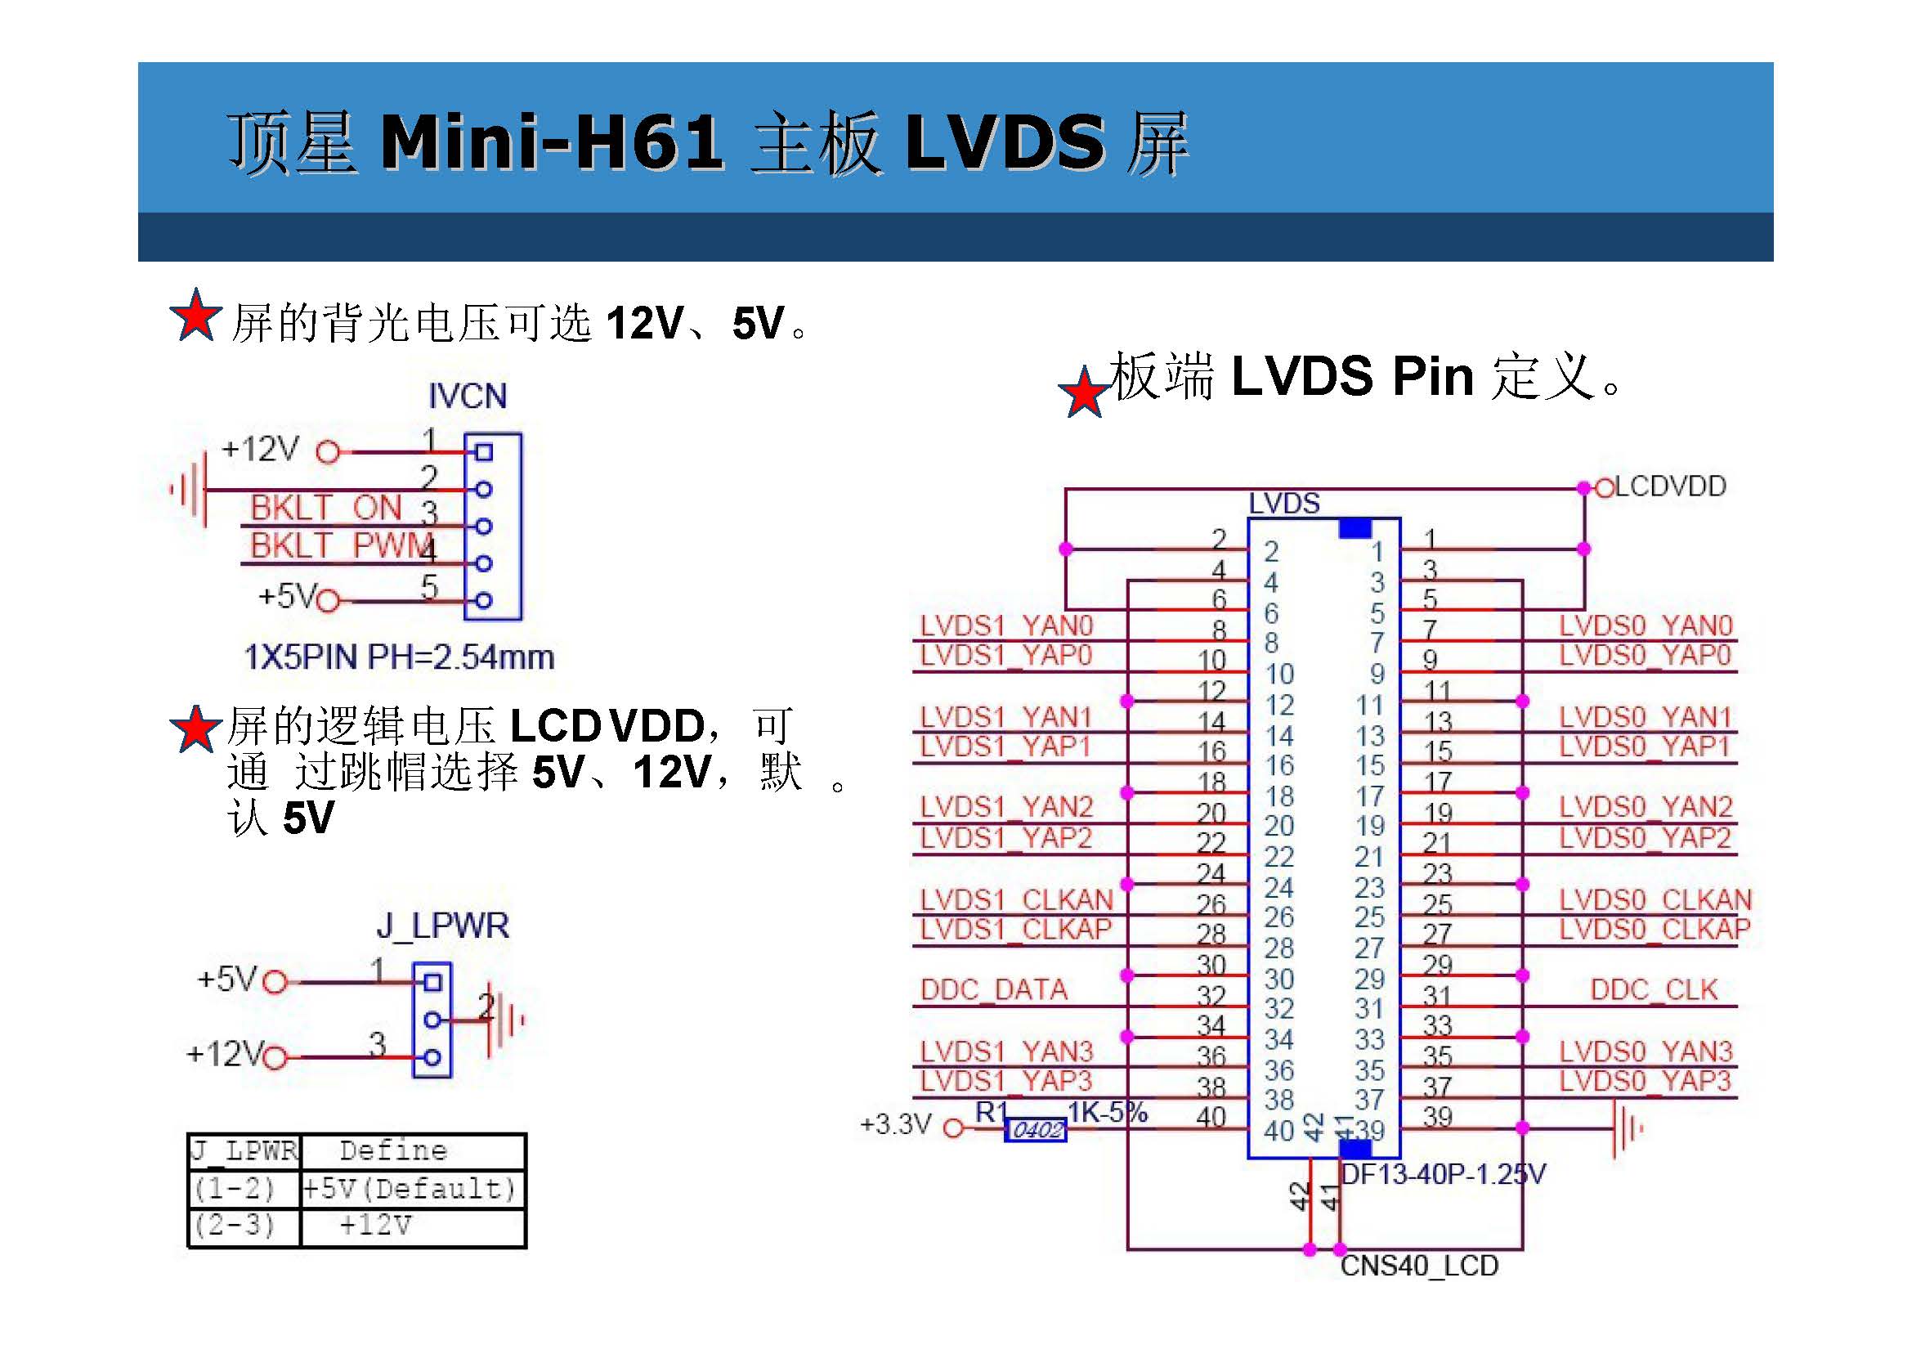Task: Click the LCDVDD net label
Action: click(1669, 487)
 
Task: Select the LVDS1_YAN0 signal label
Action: click(1005, 625)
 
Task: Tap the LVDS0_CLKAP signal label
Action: click(1655, 929)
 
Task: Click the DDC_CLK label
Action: click(1654, 989)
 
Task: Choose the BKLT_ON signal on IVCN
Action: click(326, 508)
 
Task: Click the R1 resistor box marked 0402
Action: click(1035, 1130)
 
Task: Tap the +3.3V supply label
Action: click(895, 1125)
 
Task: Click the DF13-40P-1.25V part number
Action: click(1443, 1175)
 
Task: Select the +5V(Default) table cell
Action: click(410, 1188)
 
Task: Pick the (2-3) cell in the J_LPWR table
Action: click(235, 1226)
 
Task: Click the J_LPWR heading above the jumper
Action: click(442, 926)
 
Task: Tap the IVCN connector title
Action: click(468, 396)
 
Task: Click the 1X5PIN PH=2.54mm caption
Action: click(399, 657)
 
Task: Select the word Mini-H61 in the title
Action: click(551, 141)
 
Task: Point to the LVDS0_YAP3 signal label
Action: click(1646, 1082)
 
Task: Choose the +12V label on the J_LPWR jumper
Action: click(225, 1054)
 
